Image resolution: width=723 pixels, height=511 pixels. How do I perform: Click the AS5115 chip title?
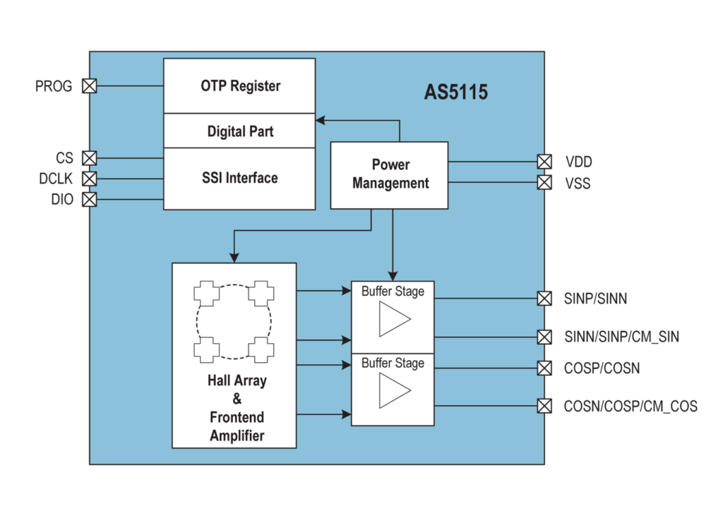pos(455,92)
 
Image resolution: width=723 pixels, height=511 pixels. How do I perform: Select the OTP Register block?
pos(239,86)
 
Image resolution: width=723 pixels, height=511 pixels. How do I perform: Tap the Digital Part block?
pos(239,131)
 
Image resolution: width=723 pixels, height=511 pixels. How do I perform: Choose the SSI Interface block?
pos(239,178)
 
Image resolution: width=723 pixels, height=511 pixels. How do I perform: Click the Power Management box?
pos(390,174)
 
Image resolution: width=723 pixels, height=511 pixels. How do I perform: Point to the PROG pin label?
pos(54,86)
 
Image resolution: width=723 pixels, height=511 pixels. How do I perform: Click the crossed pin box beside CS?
pos(90,157)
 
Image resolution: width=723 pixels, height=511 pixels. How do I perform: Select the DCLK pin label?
pos(56,179)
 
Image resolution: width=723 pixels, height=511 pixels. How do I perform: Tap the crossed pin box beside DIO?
pos(90,199)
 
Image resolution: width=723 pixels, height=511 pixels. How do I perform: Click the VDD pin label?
pos(578,162)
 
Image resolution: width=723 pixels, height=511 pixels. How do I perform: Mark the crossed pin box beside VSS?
pos(544,183)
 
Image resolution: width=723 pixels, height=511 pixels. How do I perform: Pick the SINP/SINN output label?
pos(596,299)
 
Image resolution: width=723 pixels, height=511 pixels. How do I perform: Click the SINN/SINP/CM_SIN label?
pos(621,337)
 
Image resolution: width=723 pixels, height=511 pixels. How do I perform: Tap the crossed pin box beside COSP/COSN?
pos(544,368)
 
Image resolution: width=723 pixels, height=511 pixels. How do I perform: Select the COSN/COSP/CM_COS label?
pos(631,406)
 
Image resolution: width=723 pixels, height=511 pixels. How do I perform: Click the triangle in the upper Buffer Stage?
pos(393,320)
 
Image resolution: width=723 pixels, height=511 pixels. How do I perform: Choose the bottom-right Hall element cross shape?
pos(261,348)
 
